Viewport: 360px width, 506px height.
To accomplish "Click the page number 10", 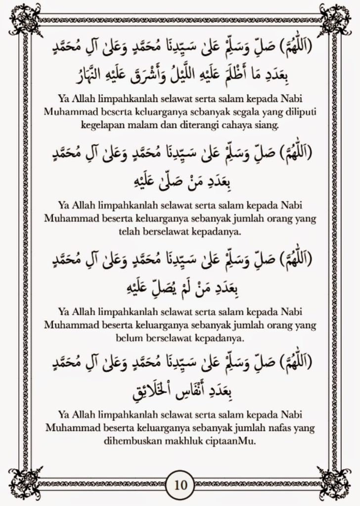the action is [180, 484].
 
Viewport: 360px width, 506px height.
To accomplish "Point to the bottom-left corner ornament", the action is [25, 483].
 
